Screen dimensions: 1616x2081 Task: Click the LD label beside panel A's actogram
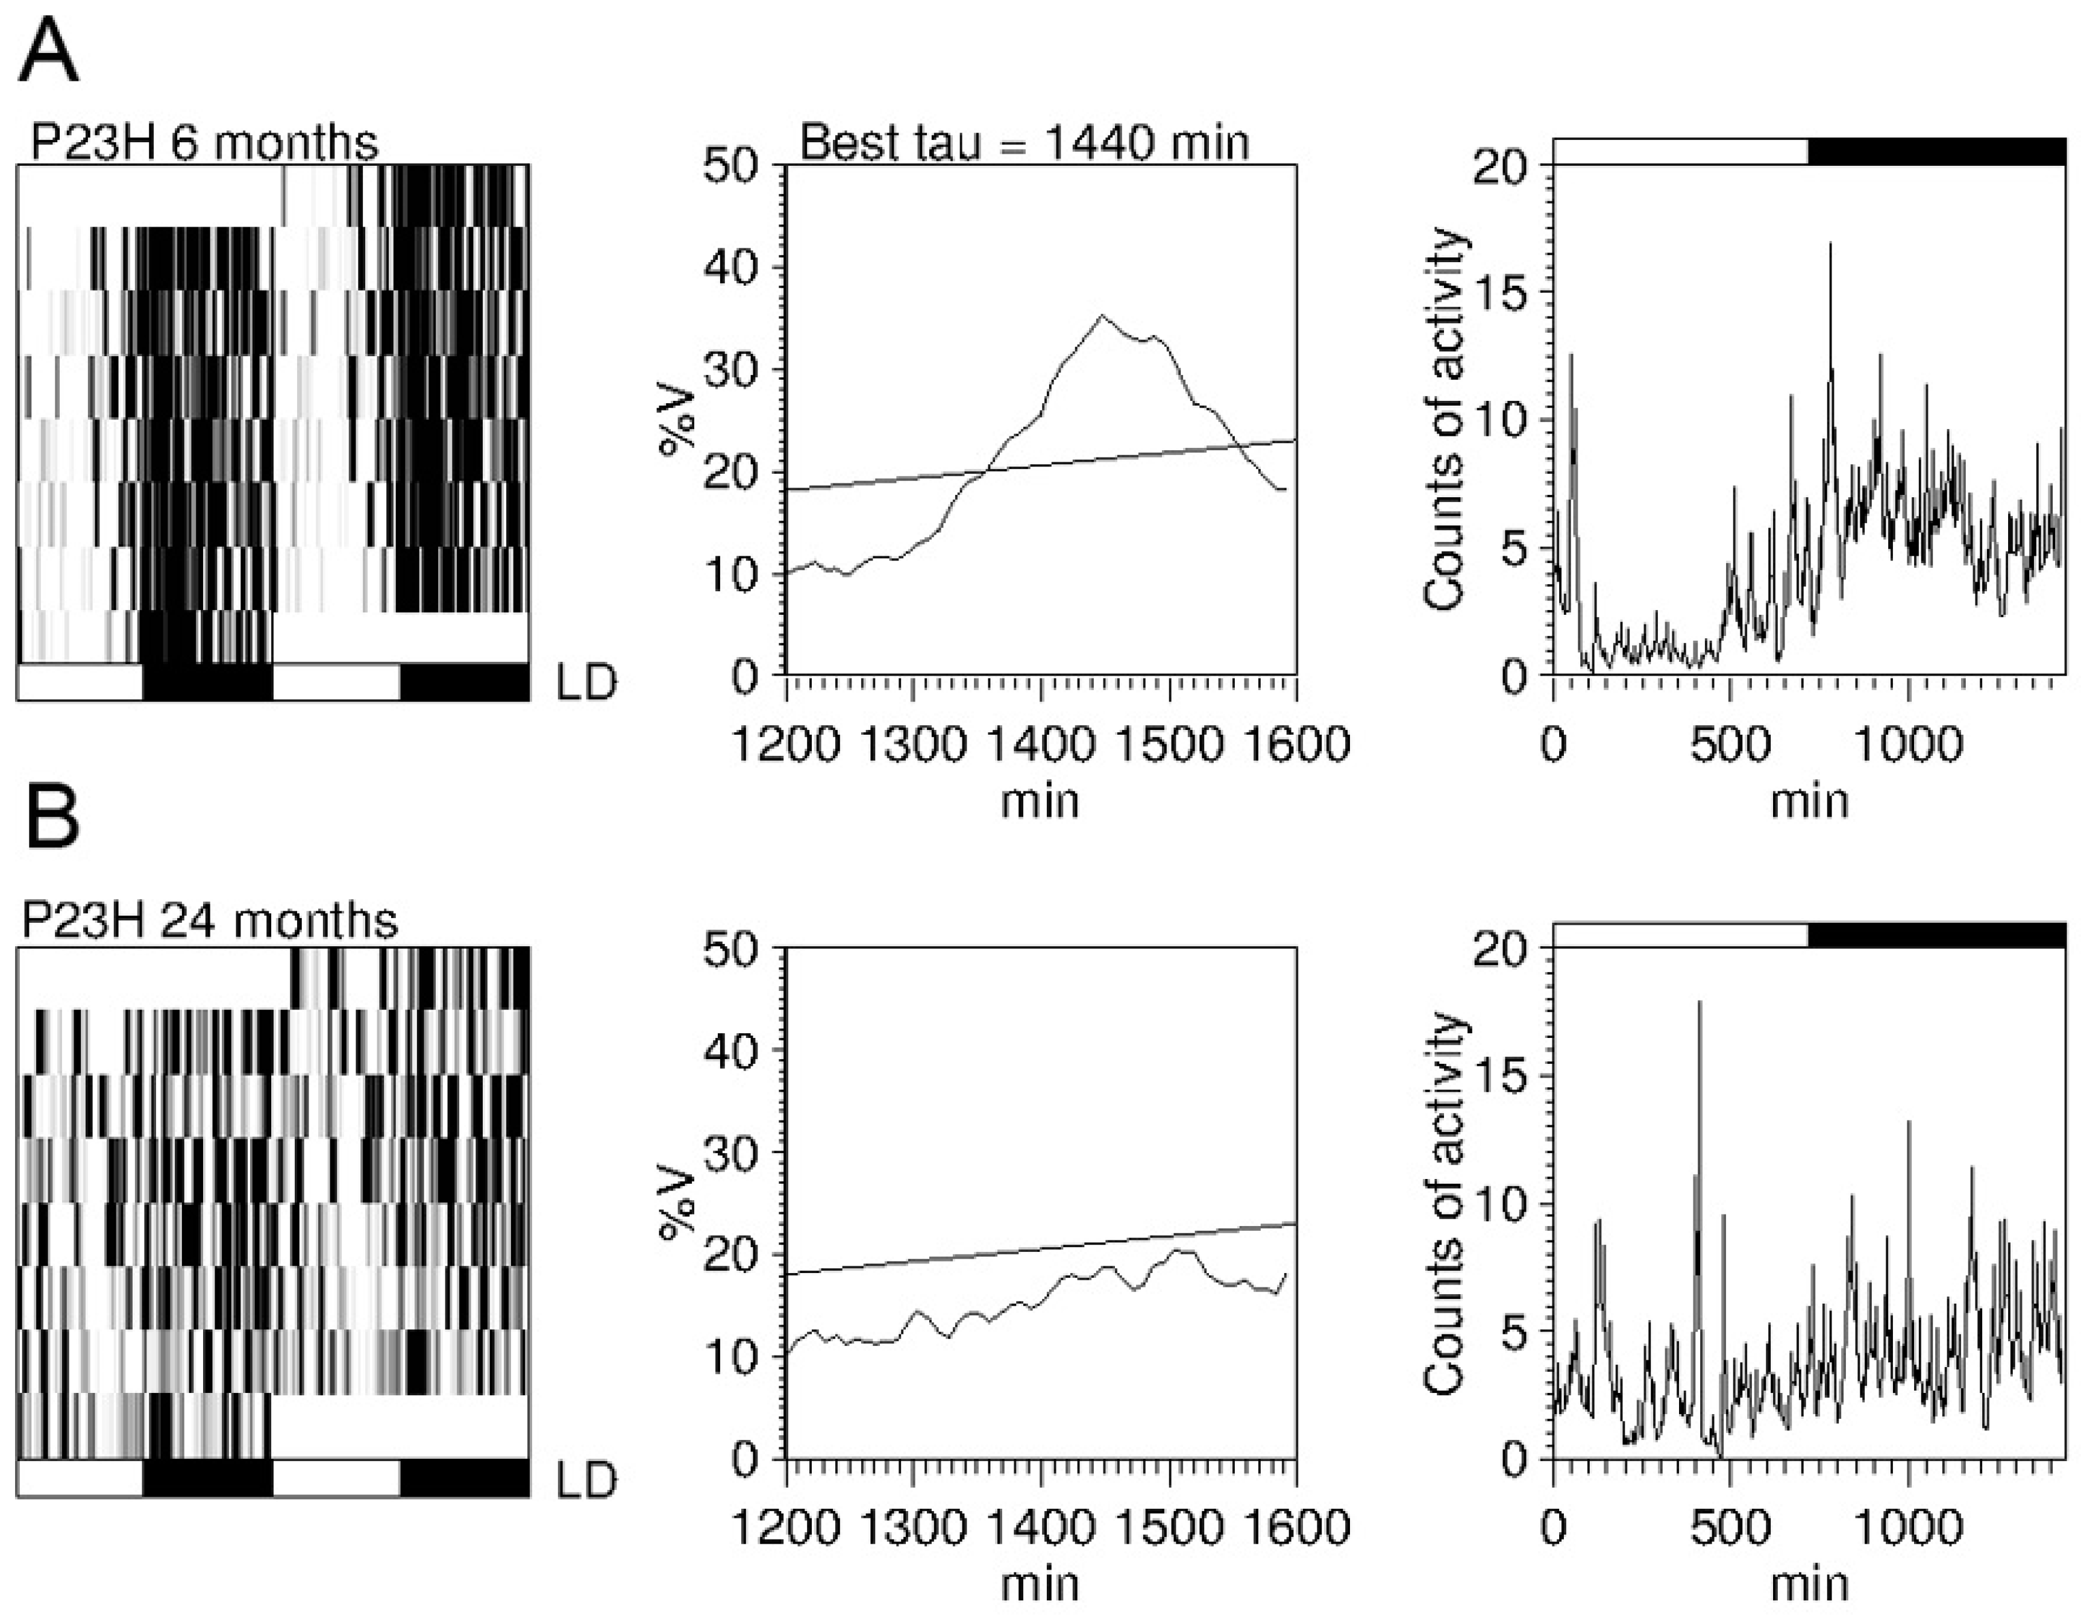586,682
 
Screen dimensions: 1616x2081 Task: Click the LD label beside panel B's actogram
586,1480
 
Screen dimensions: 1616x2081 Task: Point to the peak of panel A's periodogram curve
1102,315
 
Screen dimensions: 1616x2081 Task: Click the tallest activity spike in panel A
1830,245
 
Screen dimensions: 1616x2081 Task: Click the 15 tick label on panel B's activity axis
1501,1077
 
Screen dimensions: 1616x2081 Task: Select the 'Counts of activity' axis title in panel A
1443,420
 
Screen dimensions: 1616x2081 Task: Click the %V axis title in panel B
679,1203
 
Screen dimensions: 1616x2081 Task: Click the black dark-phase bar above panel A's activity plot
1936,151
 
